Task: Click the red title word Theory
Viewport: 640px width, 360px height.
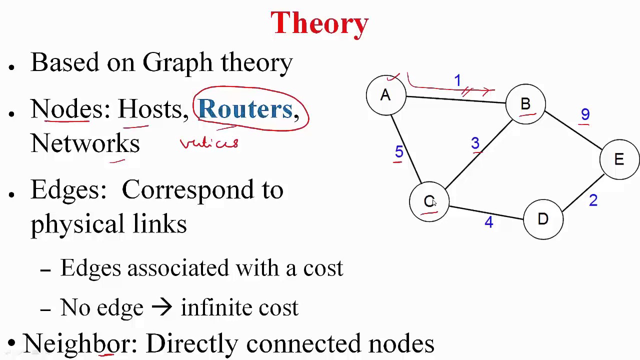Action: [x=319, y=23]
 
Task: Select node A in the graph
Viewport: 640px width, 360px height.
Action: [x=385, y=95]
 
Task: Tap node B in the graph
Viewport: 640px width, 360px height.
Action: [x=525, y=104]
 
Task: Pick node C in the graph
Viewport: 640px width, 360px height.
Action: [x=429, y=201]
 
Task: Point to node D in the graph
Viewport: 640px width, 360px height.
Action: [x=543, y=219]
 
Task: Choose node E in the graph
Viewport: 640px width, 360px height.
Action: [x=619, y=159]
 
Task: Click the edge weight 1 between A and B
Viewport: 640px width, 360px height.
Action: [x=457, y=80]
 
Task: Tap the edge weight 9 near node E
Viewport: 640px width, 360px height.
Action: [x=585, y=115]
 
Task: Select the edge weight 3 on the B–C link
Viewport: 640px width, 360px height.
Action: [x=475, y=144]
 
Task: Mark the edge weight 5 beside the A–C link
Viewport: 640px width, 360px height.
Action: [x=398, y=151]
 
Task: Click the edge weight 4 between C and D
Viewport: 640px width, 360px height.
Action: [x=488, y=222]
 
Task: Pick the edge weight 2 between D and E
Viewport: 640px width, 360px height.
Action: [x=593, y=200]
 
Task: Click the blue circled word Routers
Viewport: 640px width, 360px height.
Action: [x=245, y=109]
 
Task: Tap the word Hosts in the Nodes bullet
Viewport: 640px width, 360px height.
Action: [x=149, y=109]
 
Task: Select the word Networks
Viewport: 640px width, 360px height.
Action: [x=85, y=143]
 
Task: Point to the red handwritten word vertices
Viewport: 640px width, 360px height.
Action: [x=209, y=143]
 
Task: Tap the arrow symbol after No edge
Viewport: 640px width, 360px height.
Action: [x=161, y=307]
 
